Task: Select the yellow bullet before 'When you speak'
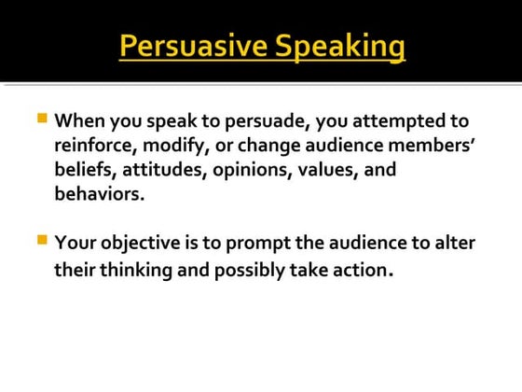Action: coord(41,119)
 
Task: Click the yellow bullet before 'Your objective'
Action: coord(41,240)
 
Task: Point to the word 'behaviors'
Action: coord(99,194)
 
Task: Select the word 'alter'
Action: coord(454,244)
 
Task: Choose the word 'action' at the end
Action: coord(355,271)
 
